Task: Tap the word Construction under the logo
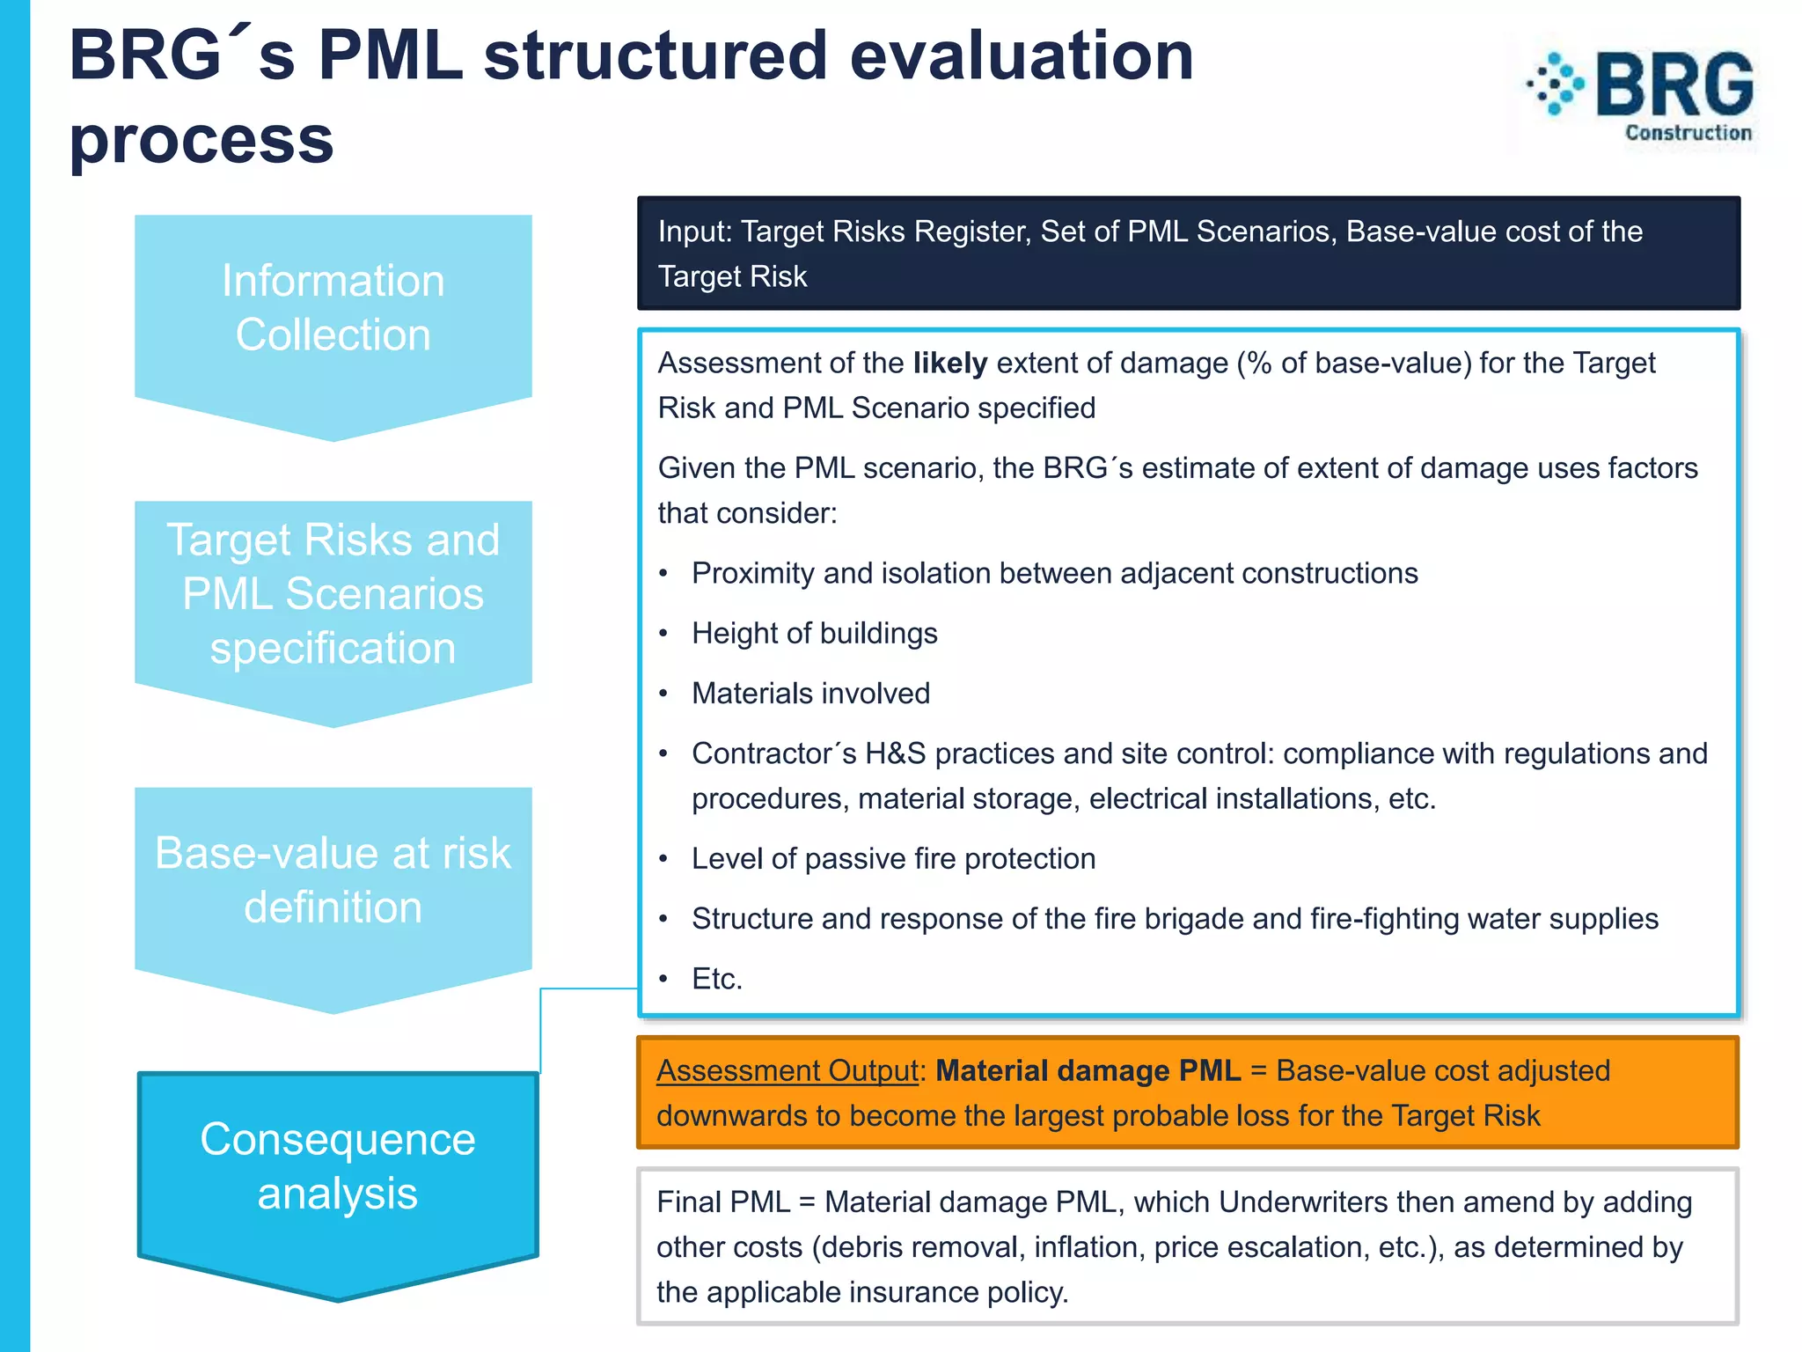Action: [x=1688, y=133]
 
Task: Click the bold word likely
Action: [x=949, y=364]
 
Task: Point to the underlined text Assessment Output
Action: [x=787, y=1071]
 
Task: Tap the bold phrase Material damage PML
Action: [x=1088, y=1071]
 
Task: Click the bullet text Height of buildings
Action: [x=814, y=634]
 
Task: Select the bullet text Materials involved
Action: [x=810, y=694]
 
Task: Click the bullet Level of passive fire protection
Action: [x=893, y=859]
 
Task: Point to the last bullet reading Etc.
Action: [x=716, y=979]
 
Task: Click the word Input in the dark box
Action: [x=693, y=231]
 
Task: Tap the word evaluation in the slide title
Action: [x=1021, y=56]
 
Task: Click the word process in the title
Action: [x=201, y=139]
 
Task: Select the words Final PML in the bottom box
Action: [x=723, y=1202]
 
